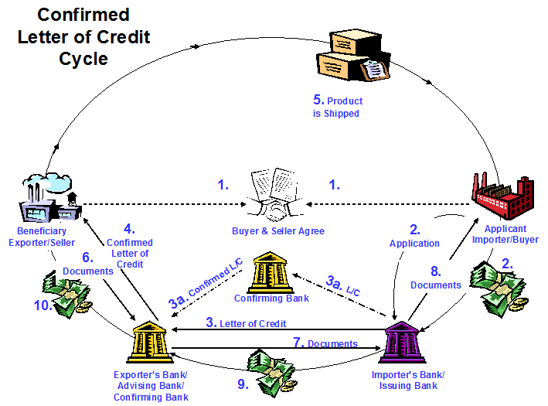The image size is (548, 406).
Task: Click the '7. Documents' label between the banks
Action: coord(325,343)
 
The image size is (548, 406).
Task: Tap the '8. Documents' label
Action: coord(435,278)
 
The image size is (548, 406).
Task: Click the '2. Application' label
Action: coord(414,236)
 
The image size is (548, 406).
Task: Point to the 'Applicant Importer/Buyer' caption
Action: coord(511,234)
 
